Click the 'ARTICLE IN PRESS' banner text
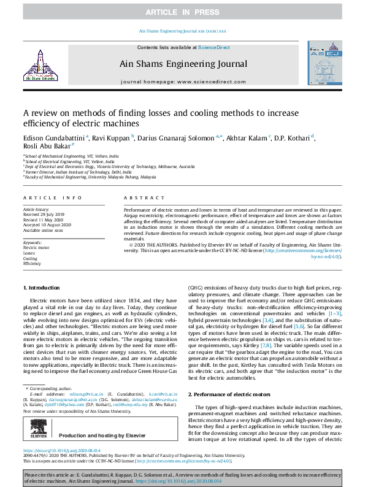click(182, 12)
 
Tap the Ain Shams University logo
click(39, 66)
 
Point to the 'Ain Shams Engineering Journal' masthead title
click(182, 64)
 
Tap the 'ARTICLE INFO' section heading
click(53, 198)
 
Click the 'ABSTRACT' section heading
click(141, 198)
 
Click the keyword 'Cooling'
click(31, 259)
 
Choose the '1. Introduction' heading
click(42, 288)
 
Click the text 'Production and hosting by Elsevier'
click(102, 416)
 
